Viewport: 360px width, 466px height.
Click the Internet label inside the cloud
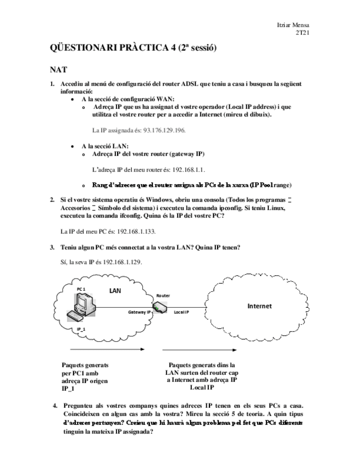[259, 306]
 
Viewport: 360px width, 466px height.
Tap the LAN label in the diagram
[114, 290]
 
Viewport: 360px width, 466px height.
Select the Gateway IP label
[140, 312]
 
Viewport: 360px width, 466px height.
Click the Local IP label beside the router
[181, 312]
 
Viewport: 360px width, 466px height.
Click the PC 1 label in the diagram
[81, 289]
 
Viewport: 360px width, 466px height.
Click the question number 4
[55, 407]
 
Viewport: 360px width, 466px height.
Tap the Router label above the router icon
[163, 296]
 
